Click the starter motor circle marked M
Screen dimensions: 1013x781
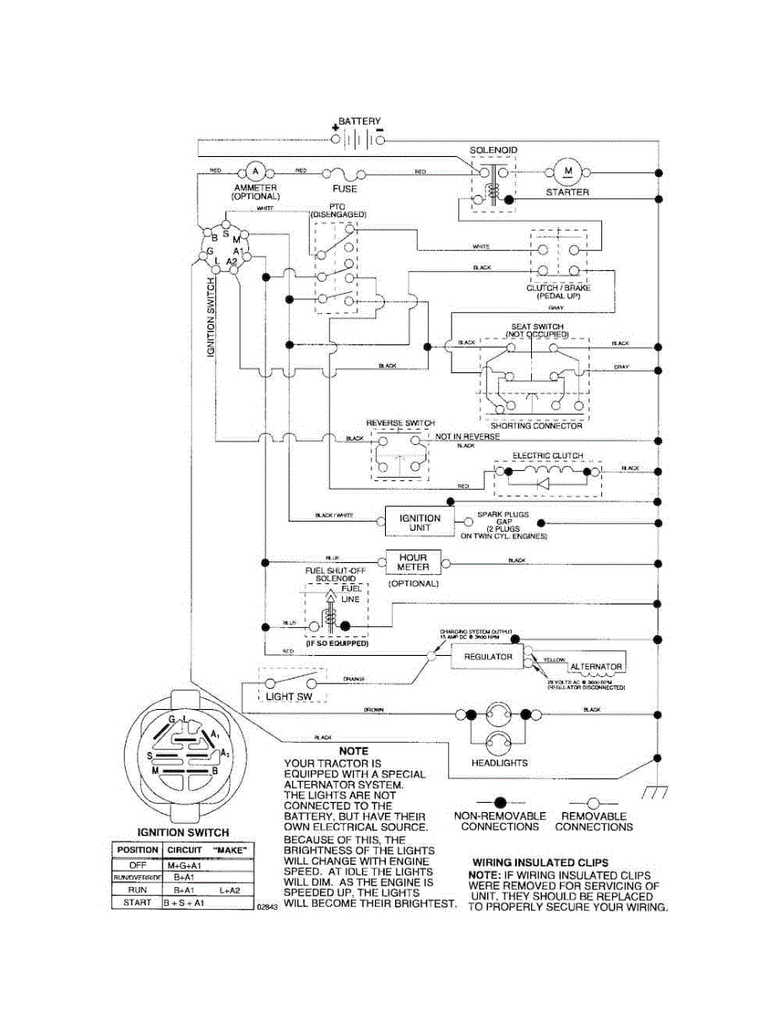click(x=568, y=171)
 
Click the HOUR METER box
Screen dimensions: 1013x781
click(x=413, y=562)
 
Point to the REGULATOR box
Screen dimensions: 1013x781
click(x=488, y=656)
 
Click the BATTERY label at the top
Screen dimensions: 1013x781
click(x=360, y=122)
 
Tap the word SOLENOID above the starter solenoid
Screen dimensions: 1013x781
click(x=493, y=150)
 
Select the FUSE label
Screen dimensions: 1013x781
click(x=344, y=189)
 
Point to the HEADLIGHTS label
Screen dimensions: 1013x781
click(x=500, y=762)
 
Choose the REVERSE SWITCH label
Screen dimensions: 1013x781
click(x=400, y=423)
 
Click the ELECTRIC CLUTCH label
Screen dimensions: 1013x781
click(x=547, y=456)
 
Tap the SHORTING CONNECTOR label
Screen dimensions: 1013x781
click(x=536, y=425)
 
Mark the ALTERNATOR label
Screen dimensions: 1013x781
click(x=596, y=667)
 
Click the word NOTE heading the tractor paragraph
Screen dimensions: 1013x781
click(x=352, y=750)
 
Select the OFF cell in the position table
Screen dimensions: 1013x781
click(x=137, y=864)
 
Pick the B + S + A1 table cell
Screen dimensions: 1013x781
click(x=185, y=903)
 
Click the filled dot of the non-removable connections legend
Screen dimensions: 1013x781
click(x=500, y=801)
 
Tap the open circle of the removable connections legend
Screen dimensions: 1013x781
click(x=594, y=801)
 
